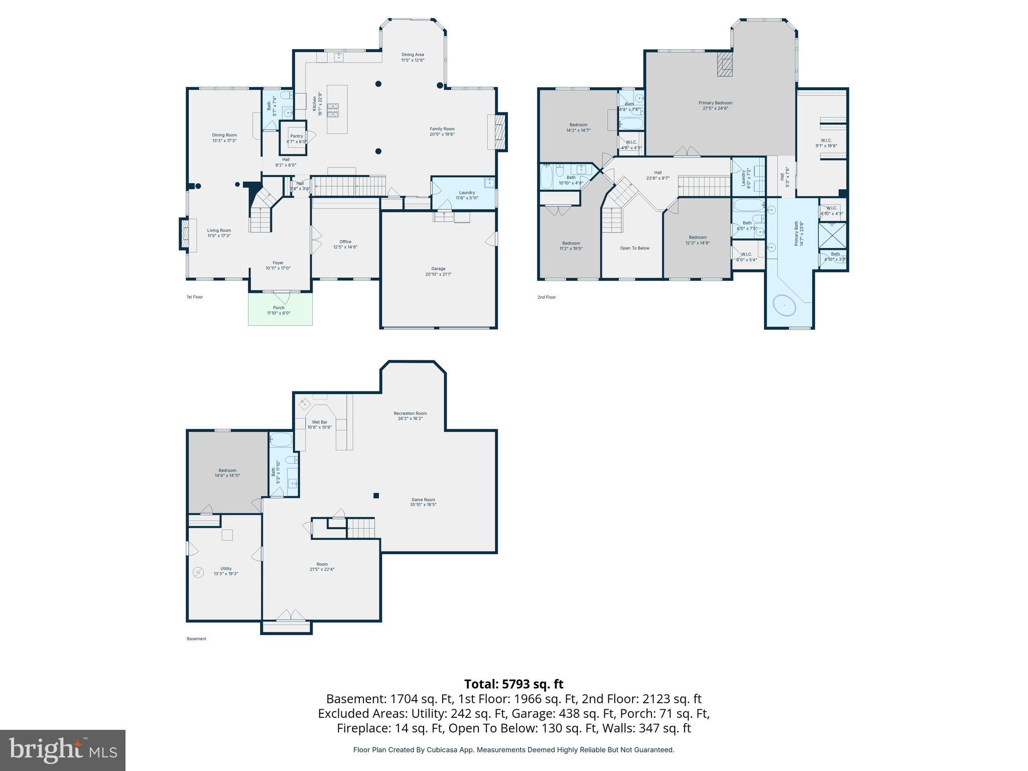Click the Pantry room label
click(x=296, y=136)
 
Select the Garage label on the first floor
click(x=438, y=269)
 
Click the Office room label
click(x=345, y=241)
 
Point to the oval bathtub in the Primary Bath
click(x=784, y=306)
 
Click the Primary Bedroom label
click(x=715, y=103)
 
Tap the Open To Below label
click(x=634, y=248)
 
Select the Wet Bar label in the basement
click(x=320, y=422)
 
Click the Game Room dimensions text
click(x=423, y=505)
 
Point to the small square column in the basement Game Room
click(x=376, y=496)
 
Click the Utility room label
click(x=226, y=569)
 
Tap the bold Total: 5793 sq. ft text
click(x=513, y=684)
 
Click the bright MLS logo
click(x=63, y=750)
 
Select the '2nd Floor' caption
click(x=547, y=297)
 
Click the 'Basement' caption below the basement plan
click(x=196, y=639)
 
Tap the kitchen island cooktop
click(x=334, y=110)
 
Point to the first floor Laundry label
click(x=467, y=192)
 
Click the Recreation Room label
click(x=410, y=414)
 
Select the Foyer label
click(x=278, y=263)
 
